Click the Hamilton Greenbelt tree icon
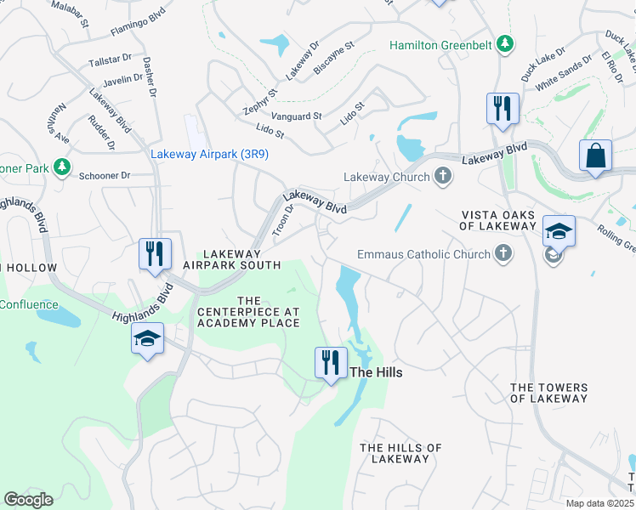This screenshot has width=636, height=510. point(505,43)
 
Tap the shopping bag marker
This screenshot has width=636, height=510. point(595,156)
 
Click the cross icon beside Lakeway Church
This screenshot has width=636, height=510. point(442,177)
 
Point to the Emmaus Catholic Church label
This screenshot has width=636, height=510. point(423,254)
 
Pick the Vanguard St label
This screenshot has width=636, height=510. point(296,116)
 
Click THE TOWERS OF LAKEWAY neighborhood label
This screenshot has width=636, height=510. point(548,393)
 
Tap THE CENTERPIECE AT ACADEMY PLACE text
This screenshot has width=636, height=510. point(248,312)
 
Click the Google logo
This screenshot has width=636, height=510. point(28,500)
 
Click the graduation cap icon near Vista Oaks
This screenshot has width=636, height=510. point(559,231)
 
